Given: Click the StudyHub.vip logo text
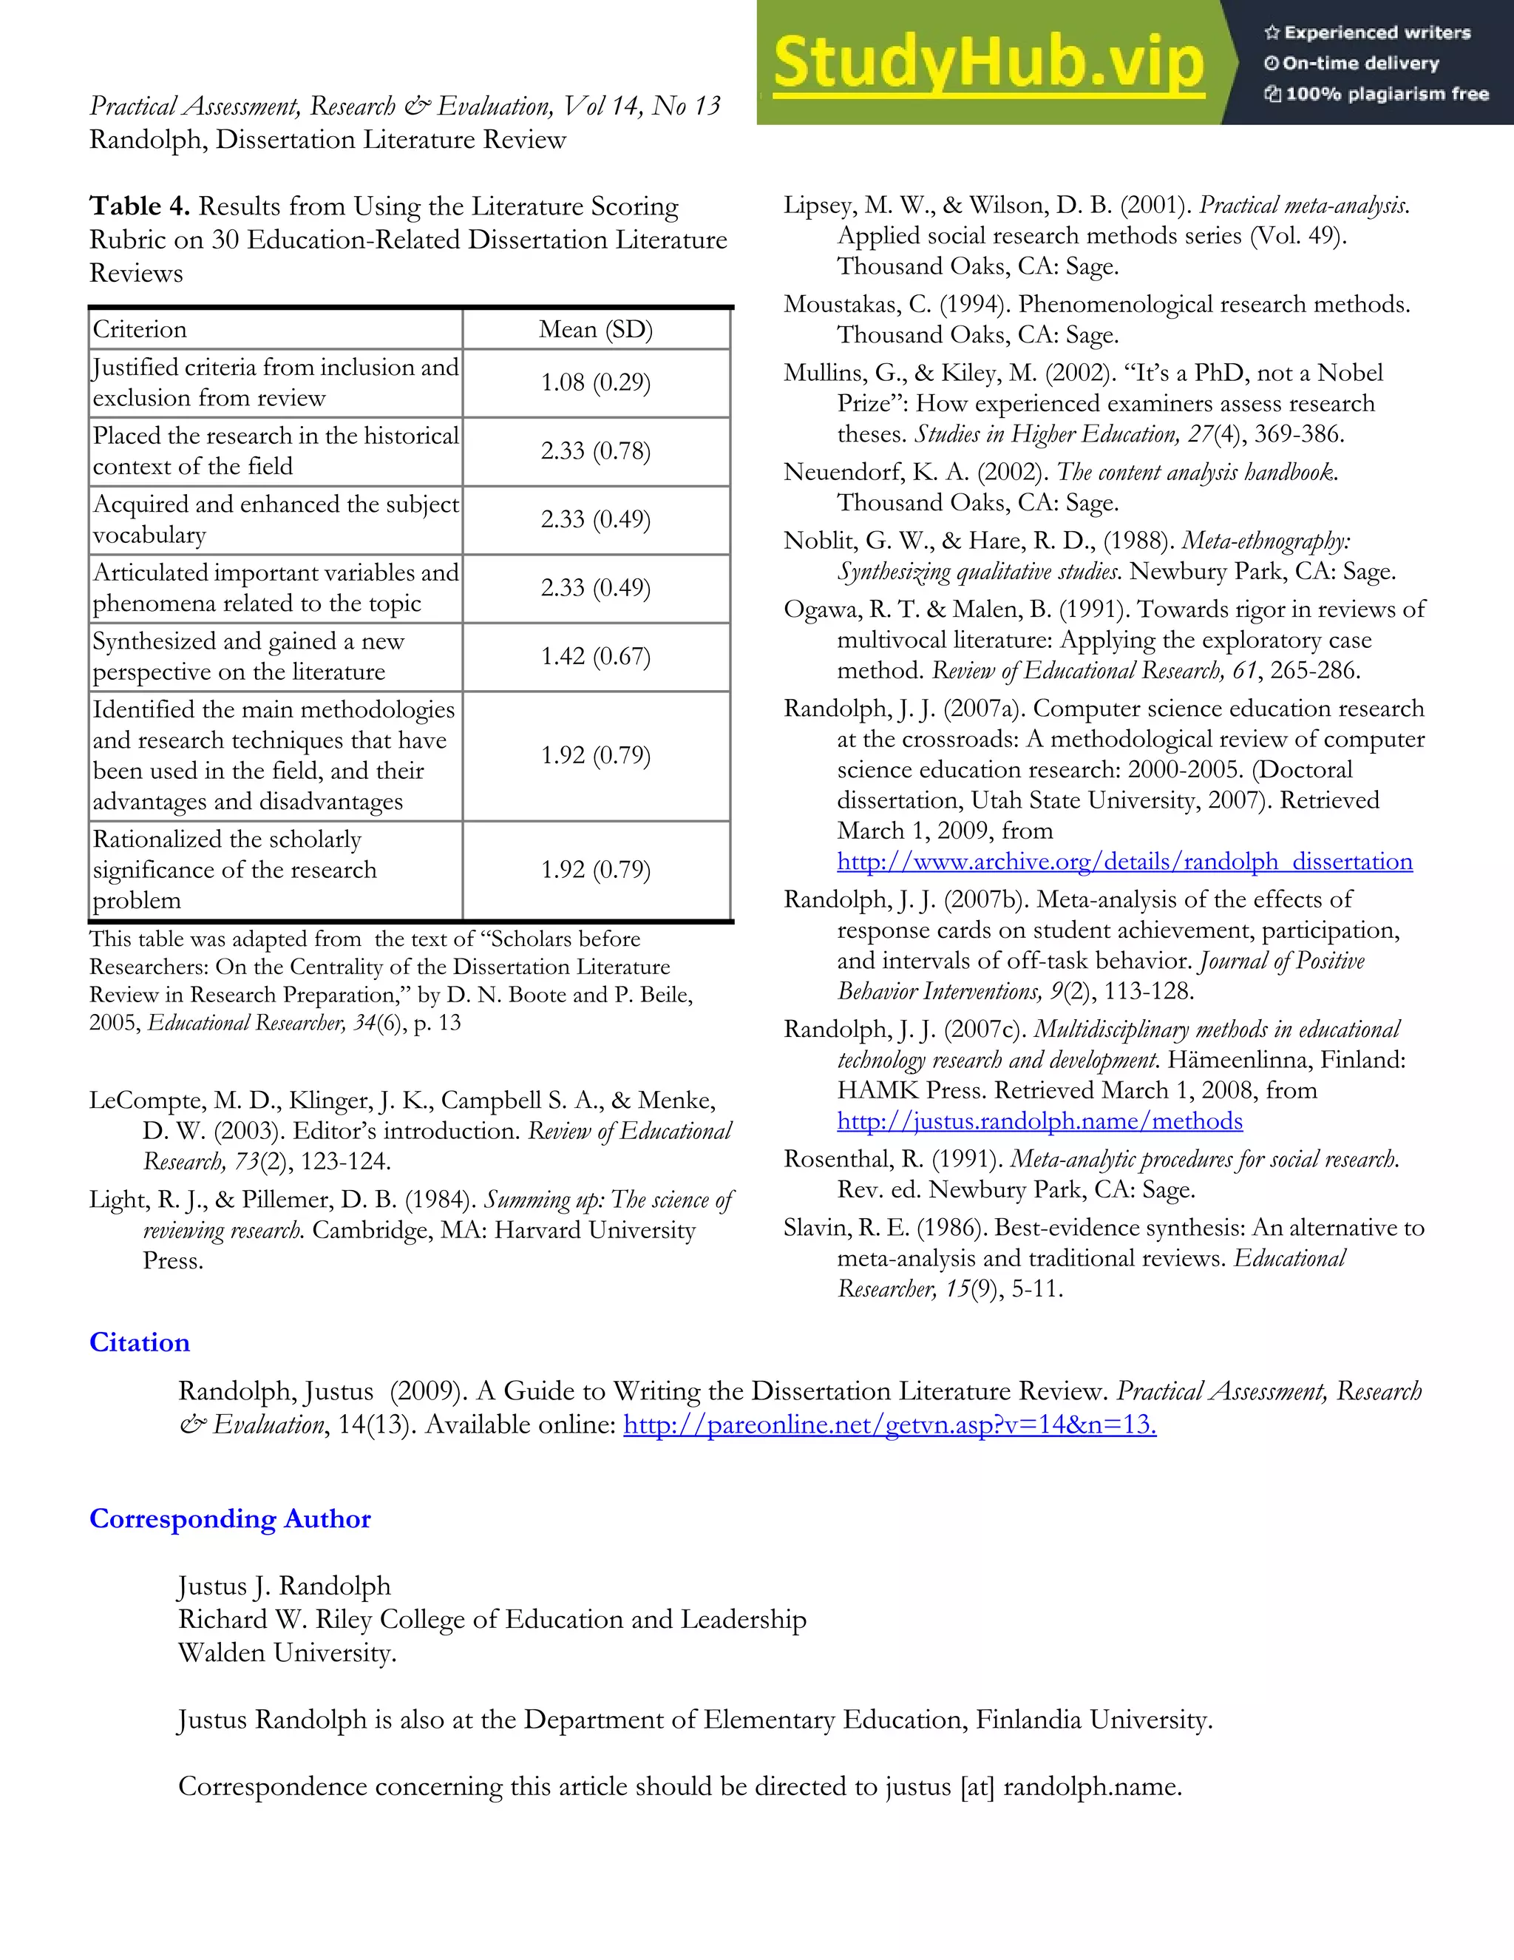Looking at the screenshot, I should (x=988, y=63).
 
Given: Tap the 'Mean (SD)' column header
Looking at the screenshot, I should (x=596, y=329).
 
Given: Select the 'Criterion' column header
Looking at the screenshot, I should (x=140, y=329).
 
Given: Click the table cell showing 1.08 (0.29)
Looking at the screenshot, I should (x=596, y=382).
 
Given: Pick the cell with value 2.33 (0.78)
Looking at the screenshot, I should (x=596, y=450).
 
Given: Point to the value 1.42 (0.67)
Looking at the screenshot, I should (x=596, y=656).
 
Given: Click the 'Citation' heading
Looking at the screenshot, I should (x=139, y=1342).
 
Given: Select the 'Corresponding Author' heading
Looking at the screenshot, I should (x=230, y=1518).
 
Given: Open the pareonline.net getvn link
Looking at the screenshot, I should (x=890, y=1425).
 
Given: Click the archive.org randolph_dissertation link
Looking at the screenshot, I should (x=1124, y=862).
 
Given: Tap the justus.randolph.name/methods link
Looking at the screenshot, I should (x=1039, y=1121).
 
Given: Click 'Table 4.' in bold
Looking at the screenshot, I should (x=139, y=206).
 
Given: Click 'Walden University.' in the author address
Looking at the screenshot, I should (x=287, y=1653).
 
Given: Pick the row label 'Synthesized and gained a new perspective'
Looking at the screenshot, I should (x=248, y=656).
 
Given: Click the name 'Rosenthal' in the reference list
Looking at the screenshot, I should (x=838, y=1160).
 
